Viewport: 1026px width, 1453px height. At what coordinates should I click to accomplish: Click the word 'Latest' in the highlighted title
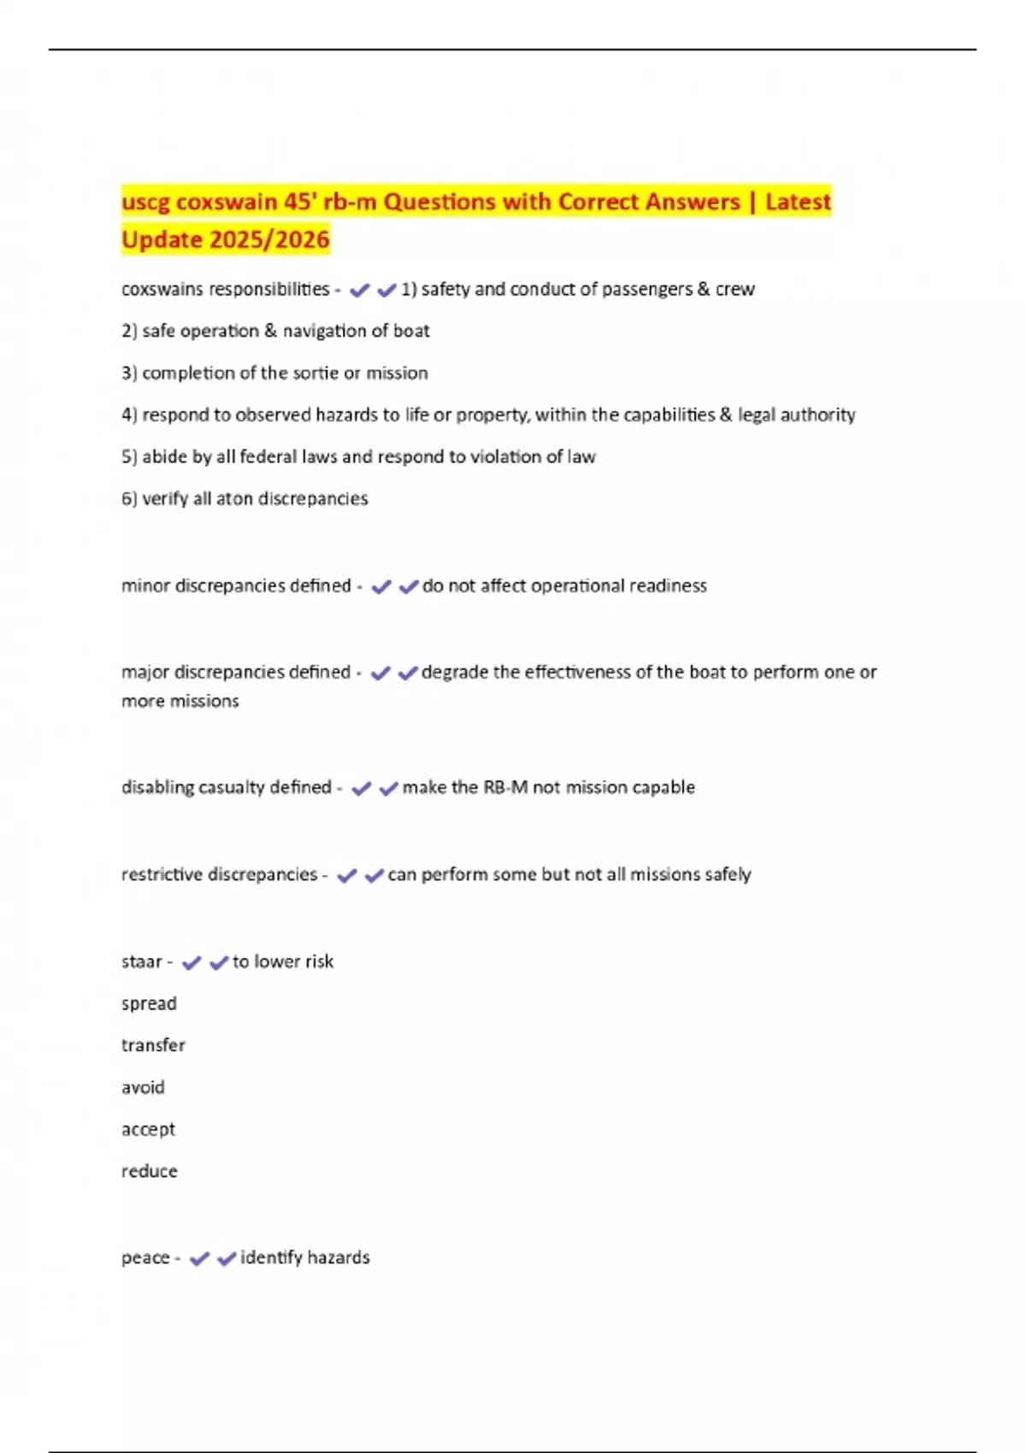[798, 202]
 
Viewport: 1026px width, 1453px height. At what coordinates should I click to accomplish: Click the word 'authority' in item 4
[821, 415]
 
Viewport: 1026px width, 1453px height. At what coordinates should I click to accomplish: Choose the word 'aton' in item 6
[233, 498]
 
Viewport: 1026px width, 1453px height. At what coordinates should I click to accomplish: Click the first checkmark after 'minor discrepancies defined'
[380, 586]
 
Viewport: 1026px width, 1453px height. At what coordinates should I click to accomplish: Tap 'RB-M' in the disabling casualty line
[505, 787]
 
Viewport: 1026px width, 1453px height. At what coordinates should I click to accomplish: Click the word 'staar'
[141, 962]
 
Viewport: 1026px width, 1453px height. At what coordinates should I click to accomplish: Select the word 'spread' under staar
[149, 1003]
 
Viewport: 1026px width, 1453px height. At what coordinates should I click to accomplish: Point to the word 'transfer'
[153, 1045]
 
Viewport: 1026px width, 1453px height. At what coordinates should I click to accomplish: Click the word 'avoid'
[143, 1087]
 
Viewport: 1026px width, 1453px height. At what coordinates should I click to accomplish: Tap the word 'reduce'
[150, 1171]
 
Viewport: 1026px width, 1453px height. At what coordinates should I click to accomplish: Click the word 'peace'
[145, 1257]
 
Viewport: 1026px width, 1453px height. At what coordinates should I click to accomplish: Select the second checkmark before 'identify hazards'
[227, 1258]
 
